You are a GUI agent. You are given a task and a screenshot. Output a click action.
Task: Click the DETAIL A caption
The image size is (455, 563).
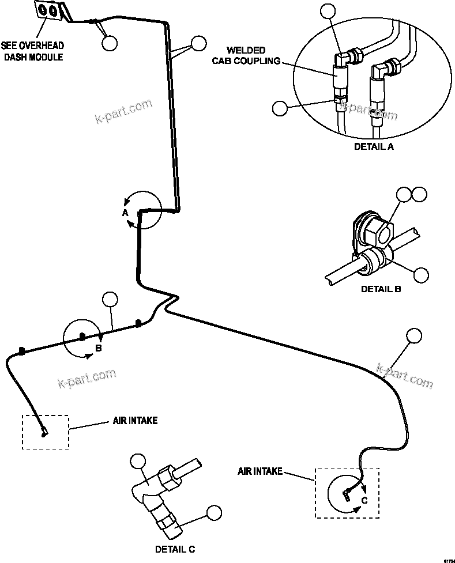[373, 146]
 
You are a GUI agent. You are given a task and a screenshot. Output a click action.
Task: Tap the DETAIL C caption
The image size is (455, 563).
[179, 549]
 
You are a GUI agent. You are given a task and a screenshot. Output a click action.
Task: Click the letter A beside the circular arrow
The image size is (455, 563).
[125, 213]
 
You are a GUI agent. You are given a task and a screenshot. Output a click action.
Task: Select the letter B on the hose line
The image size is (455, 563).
[98, 349]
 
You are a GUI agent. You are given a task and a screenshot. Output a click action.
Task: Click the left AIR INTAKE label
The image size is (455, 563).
[134, 421]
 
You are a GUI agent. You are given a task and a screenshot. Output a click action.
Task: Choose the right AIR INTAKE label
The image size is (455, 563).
[260, 471]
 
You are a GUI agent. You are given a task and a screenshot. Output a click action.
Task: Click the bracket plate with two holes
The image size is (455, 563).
[48, 11]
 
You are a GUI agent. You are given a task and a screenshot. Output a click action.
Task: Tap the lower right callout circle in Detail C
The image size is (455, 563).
[214, 512]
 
